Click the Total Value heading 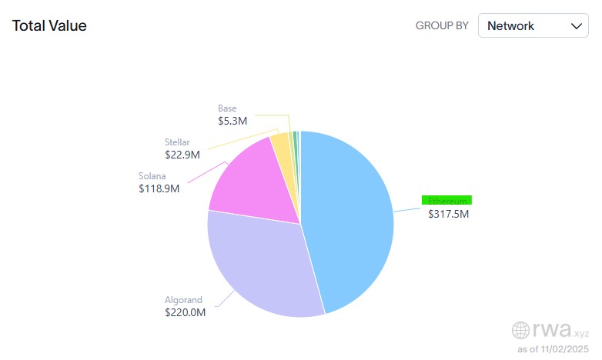49,25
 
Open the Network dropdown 533,25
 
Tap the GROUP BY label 442,25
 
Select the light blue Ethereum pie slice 350,215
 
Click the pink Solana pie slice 250,181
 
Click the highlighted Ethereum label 446,200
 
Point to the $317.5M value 448,214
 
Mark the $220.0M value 185,313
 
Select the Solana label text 153,175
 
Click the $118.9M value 159,188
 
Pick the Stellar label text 177,142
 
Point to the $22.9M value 182,155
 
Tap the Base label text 227,108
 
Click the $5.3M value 232,121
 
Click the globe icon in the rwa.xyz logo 521,331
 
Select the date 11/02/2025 566,349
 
